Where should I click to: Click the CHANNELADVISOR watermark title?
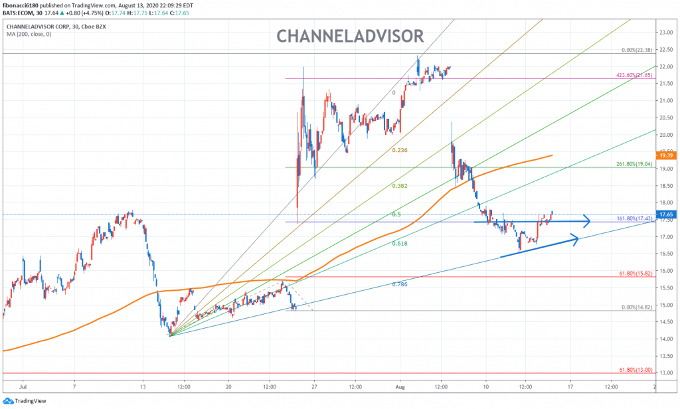(x=349, y=35)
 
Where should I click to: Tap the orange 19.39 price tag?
(x=666, y=155)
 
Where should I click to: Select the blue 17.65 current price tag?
(x=666, y=214)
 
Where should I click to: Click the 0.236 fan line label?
(x=400, y=151)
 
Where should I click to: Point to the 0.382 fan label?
(x=400, y=186)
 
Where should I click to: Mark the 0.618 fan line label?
(x=400, y=244)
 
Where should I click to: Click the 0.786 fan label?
(x=400, y=284)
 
